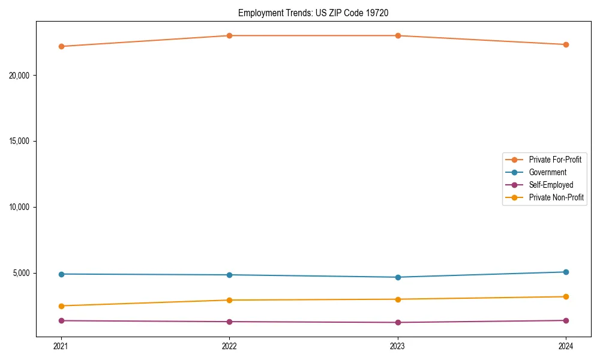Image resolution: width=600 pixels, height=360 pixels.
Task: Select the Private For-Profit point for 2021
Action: pos(61,46)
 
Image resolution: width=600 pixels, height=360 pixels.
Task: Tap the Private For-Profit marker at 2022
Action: pos(229,35)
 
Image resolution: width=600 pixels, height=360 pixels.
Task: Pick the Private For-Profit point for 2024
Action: pos(566,44)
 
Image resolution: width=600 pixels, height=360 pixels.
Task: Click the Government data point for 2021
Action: pos(61,274)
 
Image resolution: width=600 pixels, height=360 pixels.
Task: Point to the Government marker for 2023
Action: pos(398,277)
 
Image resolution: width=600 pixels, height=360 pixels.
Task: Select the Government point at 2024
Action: pos(566,272)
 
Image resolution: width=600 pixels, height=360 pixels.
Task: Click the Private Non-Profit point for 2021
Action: pos(61,306)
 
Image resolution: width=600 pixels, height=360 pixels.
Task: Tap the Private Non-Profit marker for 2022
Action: pos(229,300)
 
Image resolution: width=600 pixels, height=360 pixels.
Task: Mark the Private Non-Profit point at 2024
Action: pos(566,296)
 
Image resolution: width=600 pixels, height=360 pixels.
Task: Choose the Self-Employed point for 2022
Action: pos(229,322)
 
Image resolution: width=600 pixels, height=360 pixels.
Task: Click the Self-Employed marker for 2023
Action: pos(398,322)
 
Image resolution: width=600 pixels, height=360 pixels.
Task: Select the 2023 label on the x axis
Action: pos(398,346)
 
